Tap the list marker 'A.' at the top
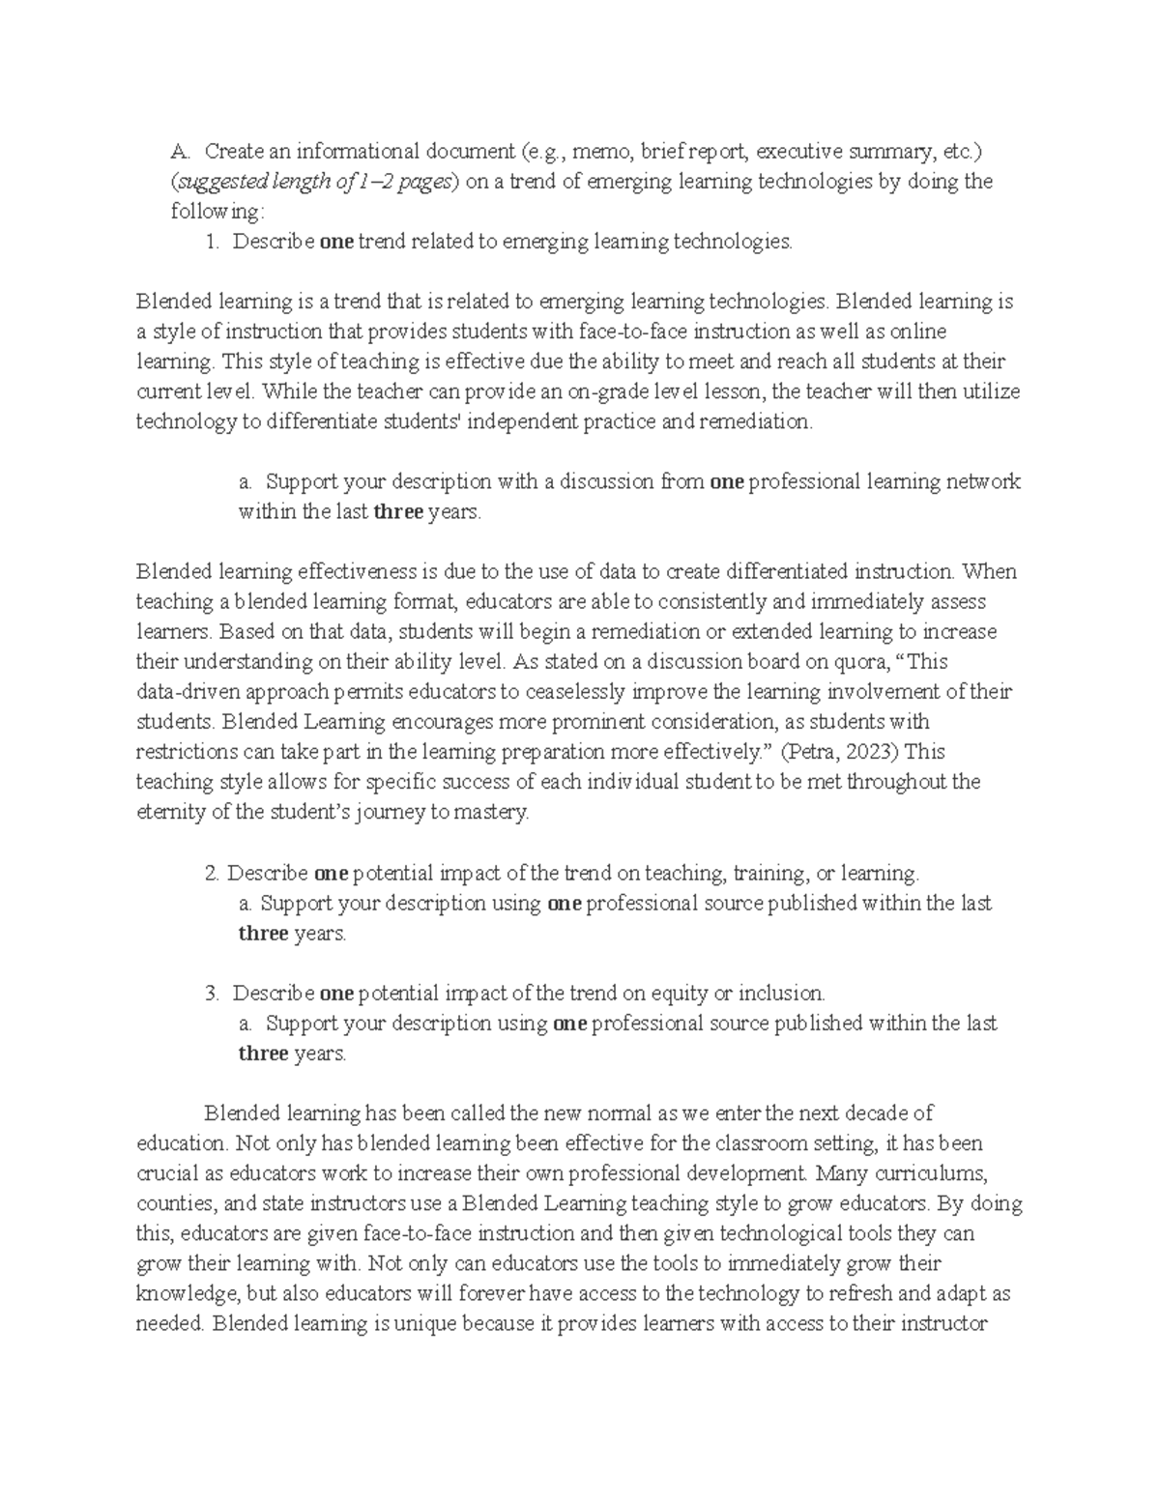point(181,152)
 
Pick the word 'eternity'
point(170,812)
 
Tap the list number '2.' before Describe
point(213,873)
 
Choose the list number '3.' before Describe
point(213,993)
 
